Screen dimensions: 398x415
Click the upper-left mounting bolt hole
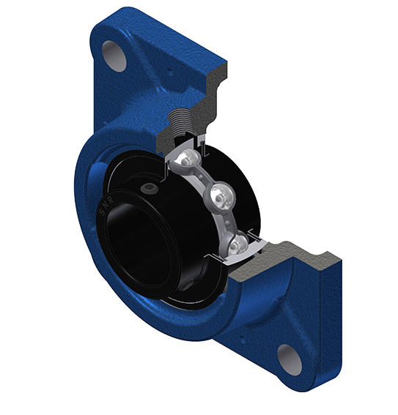coord(114,56)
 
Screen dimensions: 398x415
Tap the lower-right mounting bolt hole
coord(290,359)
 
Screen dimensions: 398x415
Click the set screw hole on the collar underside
coord(188,286)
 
